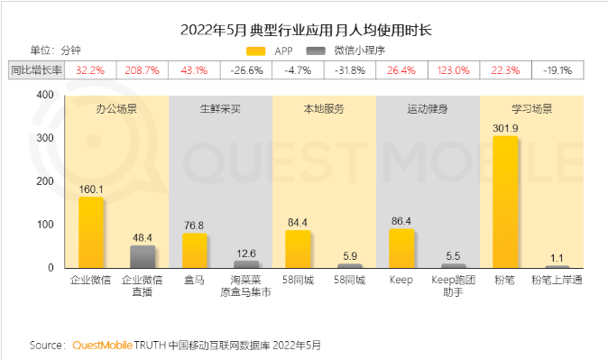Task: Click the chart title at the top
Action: (x=304, y=30)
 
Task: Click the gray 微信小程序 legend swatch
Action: (x=315, y=51)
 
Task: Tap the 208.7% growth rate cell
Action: (x=143, y=69)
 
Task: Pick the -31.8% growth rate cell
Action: (x=349, y=69)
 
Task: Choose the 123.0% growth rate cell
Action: (x=453, y=69)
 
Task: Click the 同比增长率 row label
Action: (x=36, y=69)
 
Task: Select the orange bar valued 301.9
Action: (x=504, y=202)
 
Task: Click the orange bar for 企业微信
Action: (x=91, y=232)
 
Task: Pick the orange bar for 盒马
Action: (x=194, y=250)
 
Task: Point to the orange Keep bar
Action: (x=401, y=248)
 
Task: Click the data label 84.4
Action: (x=298, y=223)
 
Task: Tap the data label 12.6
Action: (x=246, y=254)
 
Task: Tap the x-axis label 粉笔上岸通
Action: (x=557, y=281)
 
